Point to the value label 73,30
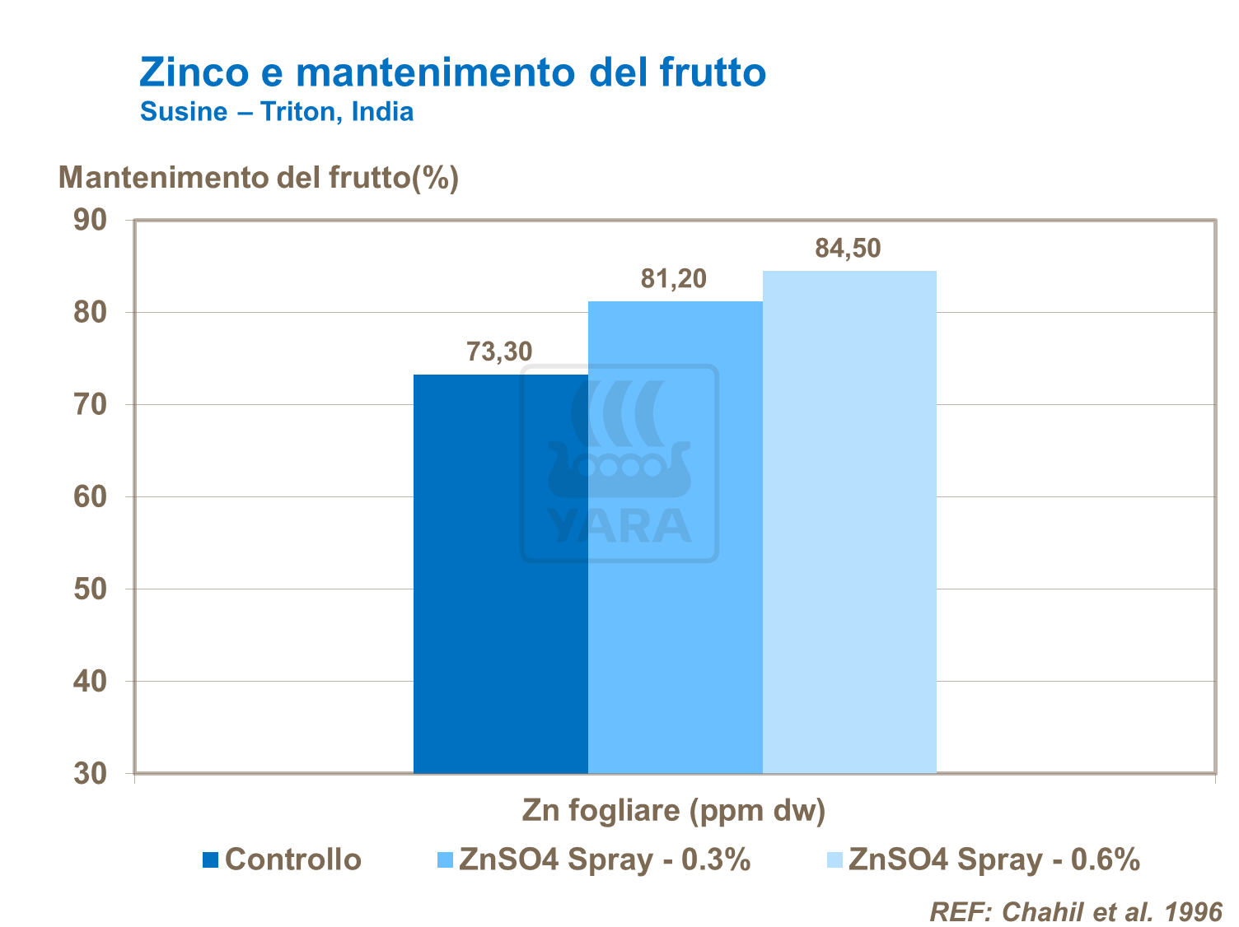click(499, 352)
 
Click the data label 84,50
click(848, 248)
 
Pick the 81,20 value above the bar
click(674, 279)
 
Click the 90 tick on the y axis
click(91, 220)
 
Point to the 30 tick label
click(91, 774)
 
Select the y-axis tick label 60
click(91, 497)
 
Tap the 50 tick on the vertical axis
click(91, 589)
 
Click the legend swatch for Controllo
click(211, 860)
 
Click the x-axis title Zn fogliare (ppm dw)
click(673, 811)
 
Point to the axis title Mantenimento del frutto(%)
click(259, 178)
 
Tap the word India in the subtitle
click(382, 112)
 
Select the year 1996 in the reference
click(1194, 911)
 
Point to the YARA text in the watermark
click(619, 527)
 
